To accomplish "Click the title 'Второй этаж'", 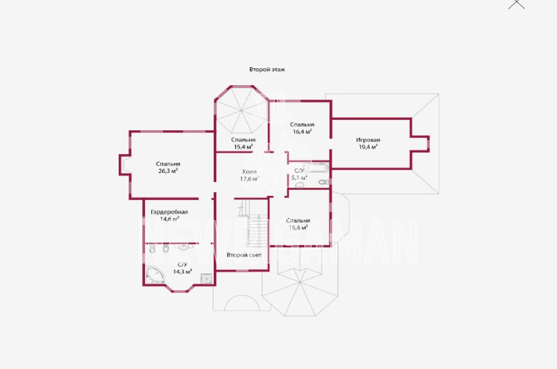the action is [267, 69].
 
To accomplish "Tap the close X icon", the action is [517, 4].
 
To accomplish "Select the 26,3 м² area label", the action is [168, 171].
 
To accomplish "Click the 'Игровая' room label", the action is [368, 140].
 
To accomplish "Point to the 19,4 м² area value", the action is [368, 147].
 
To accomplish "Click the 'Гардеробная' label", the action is [169, 212].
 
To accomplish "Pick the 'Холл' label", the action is [249, 172].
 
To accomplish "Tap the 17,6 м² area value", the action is [249, 179].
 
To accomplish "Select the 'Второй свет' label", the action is [244, 255].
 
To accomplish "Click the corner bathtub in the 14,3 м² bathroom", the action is [155, 275].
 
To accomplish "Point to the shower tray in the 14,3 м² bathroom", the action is [207, 278].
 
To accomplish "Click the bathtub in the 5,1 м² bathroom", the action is [316, 167].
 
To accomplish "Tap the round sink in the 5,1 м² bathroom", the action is [300, 185].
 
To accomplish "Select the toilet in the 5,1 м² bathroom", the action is [324, 182].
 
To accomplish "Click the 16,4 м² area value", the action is [302, 132].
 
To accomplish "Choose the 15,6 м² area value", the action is [298, 227].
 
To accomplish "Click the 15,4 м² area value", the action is [243, 147].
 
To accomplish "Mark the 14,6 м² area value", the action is [170, 219].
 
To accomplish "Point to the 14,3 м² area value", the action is [182, 272].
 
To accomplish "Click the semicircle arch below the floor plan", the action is [242, 296].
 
